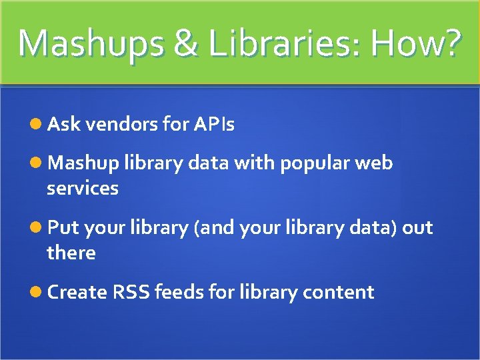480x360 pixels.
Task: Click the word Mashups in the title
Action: pyautogui.click(x=89, y=44)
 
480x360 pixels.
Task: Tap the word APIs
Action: pyautogui.click(x=214, y=124)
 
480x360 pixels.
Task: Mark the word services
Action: pyautogui.click(x=83, y=189)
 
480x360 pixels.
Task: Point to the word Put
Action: pyautogui.click(x=63, y=228)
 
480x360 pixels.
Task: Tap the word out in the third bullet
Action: pyautogui.click(x=417, y=228)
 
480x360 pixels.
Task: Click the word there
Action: pyautogui.click(x=71, y=253)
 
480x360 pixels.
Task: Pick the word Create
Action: pyautogui.click(x=77, y=293)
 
